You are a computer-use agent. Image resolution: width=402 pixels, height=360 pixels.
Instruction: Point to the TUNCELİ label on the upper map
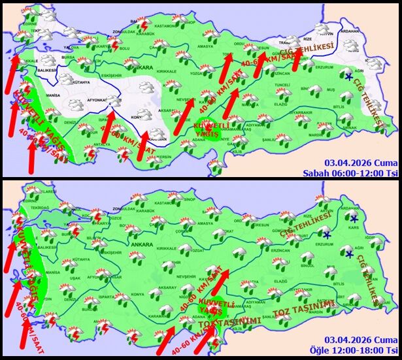point(282,85)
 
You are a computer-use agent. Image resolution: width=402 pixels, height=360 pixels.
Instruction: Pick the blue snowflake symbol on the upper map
point(349,78)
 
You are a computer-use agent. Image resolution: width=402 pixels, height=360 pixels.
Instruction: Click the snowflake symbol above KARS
point(354,219)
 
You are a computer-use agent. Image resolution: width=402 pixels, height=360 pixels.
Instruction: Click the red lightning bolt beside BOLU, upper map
point(115,44)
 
